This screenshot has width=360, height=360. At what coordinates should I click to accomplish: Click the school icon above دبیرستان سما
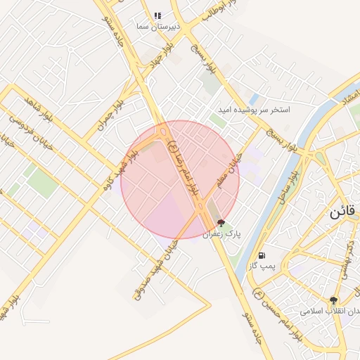[x=158, y=15]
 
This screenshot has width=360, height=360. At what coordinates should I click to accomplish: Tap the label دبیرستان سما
[x=158, y=26]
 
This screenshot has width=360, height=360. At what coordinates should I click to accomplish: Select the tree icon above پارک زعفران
[x=221, y=223]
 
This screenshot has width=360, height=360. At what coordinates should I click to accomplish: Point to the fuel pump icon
[x=262, y=255]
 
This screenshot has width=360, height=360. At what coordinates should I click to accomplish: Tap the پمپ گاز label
[x=262, y=266]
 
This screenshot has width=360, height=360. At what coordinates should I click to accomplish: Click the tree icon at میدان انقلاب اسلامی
[x=333, y=300]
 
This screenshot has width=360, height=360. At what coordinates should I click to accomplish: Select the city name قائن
[x=343, y=213]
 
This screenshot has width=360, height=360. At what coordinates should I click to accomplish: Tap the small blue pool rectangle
[x=254, y=98]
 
